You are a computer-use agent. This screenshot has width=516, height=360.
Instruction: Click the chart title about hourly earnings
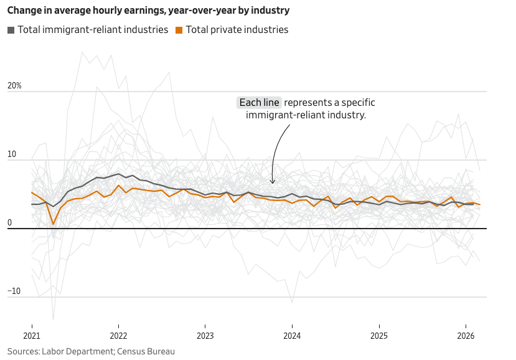tap(148, 11)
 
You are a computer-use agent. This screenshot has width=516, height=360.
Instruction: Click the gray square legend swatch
tap(11, 30)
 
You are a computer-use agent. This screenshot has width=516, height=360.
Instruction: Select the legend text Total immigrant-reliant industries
tap(93, 30)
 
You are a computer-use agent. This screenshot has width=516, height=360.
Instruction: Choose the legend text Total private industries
tap(237, 30)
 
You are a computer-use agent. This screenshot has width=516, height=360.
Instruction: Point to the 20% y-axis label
tap(14, 86)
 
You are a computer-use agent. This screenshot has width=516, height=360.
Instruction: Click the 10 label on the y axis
tap(11, 154)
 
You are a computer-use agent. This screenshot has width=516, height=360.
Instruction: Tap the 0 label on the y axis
tap(9, 223)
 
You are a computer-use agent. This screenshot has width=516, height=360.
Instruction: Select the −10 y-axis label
tap(14, 291)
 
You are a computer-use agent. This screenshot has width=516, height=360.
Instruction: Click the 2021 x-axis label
tap(32, 335)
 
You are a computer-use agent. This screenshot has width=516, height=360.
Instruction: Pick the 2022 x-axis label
tap(118, 335)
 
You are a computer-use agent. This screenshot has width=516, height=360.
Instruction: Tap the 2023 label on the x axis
tap(205, 335)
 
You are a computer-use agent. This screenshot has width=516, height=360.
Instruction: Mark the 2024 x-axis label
tap(292, 335)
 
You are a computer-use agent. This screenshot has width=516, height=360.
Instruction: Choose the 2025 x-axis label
tap(379, 335)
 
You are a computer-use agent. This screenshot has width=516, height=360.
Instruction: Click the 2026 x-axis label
tap(466, 335)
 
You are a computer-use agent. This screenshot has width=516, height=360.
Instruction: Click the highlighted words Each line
tap(260, 103)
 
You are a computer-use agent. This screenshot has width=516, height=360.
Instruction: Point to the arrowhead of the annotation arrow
tap(272, 182)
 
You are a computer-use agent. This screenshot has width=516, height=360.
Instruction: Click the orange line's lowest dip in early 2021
tap(54, 224)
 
